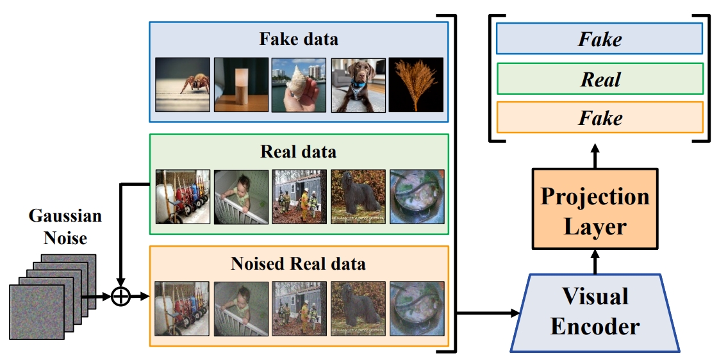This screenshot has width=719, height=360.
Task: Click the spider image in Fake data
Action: [x=183, y=85]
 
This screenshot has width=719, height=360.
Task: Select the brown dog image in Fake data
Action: [x=358, y=85]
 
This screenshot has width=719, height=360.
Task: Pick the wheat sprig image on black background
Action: [x=416, y=85]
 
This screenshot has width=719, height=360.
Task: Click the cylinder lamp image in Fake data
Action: [x=241, y=85]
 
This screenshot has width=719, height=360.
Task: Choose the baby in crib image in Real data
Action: [x=241, y=197]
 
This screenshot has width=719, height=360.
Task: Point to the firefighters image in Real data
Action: [x=299, y=197]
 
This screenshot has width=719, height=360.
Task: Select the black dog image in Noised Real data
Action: [x=358, y=309]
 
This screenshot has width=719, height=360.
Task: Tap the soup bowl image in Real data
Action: [x=417, y=197]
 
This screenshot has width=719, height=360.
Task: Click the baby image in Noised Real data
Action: [x=241, y=309]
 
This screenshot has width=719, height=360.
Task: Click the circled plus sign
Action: [x=120, y=297]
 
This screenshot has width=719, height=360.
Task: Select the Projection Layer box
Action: [x=595, y=209]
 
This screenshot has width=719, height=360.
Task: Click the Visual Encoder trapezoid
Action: [x=595, y=313]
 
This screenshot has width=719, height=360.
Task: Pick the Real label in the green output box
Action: [x=600, y=80]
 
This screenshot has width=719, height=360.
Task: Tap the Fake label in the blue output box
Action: [x=600, y=40]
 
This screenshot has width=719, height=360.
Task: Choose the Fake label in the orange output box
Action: [x=600, y=118]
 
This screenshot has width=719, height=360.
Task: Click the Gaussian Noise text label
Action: [x=65, y=226]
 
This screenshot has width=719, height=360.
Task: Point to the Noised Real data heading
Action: [x=299, y=263]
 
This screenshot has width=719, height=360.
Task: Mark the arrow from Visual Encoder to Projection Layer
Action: [x=595, y=261]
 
